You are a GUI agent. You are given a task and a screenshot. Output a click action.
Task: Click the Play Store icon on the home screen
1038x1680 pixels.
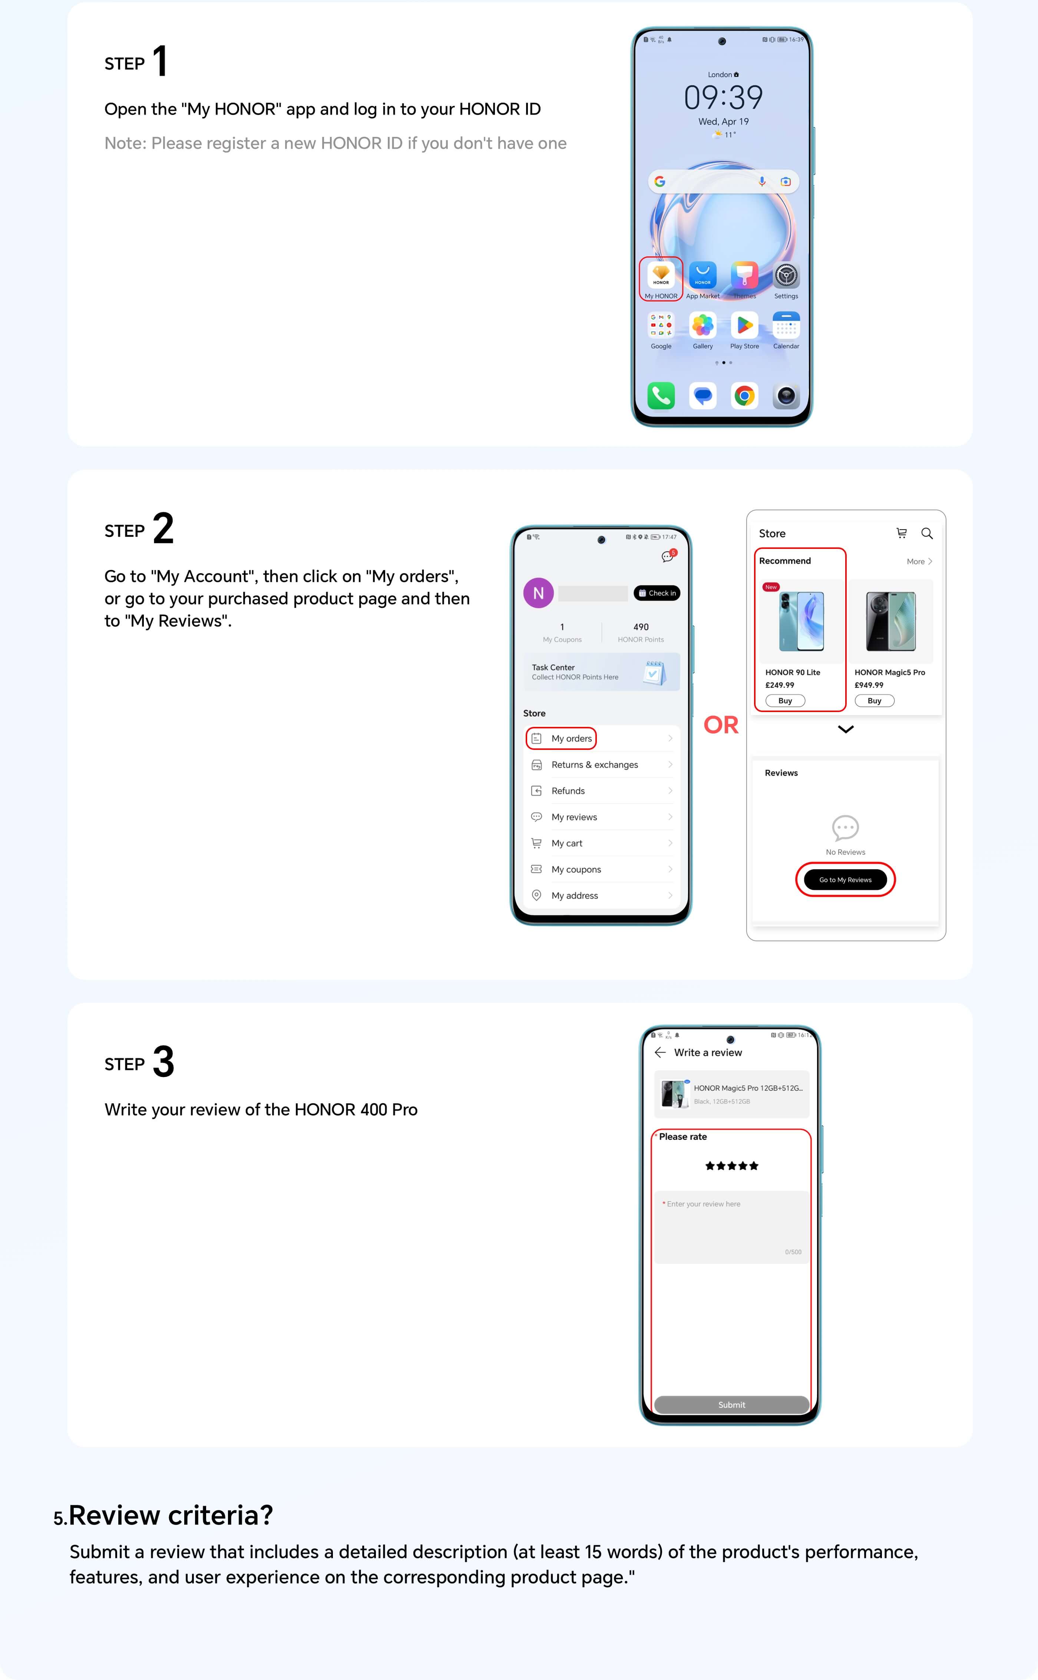tap(744, 325)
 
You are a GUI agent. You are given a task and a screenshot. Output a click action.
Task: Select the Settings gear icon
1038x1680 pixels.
tap(786, 275)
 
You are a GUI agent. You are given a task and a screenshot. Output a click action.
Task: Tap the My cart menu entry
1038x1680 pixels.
tap(566, 843)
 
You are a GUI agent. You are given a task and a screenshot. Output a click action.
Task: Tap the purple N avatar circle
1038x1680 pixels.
tap(538, 593)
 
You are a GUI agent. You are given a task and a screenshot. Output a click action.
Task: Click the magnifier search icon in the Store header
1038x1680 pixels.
tap(927, 533)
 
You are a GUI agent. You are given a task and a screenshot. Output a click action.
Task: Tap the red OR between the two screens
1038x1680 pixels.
tap(721, 725)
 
